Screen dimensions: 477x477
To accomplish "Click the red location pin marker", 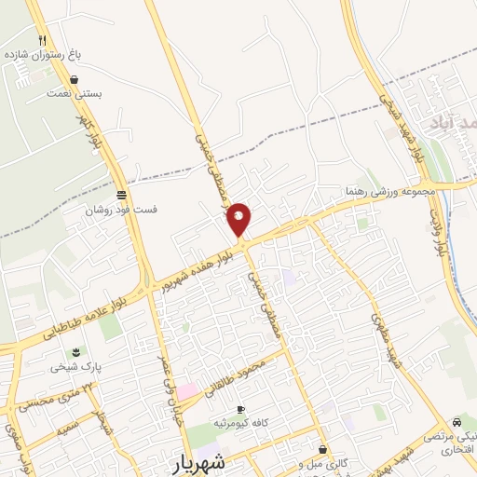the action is (239, 219).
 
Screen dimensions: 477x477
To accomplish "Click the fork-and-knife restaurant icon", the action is (43, 40).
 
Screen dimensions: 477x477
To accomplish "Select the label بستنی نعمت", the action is (75, 93).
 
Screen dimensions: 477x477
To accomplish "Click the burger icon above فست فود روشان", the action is (122, 196).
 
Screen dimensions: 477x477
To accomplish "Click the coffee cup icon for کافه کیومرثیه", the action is (240, 410).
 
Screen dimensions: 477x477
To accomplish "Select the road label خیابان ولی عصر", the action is (159, 374).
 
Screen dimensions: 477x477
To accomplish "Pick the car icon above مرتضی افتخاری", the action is (457, 421).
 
